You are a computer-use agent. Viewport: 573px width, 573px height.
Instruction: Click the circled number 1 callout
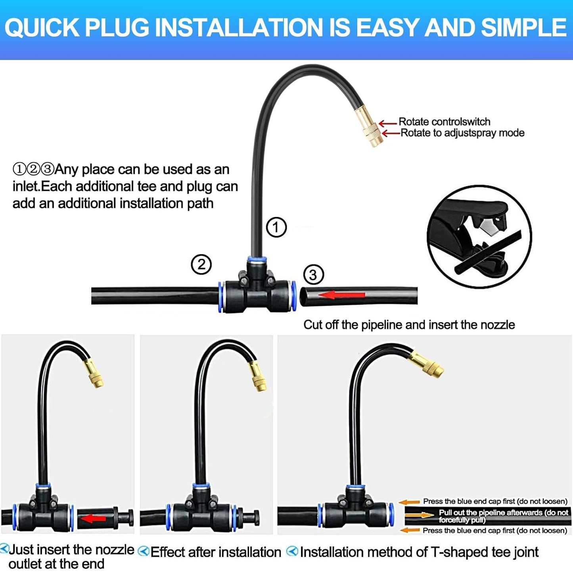point(276,227)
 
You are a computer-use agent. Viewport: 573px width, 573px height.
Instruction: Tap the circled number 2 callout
point(201,264)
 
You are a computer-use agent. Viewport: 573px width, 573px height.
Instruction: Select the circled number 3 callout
point(313,275)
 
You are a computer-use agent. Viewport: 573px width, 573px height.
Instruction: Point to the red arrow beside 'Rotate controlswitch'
point(388,123)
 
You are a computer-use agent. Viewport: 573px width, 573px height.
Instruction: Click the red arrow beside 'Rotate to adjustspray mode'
point(391,133)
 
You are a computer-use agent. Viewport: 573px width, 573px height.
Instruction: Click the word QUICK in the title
point(42,28)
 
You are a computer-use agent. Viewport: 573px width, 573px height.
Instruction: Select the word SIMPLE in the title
point(524,28)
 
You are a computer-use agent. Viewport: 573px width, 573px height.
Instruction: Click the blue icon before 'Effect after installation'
point(144,551)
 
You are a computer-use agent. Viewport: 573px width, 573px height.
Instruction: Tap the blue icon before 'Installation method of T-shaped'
point(292,551)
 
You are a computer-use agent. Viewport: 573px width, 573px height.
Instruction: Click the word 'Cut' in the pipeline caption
point(312,325)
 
